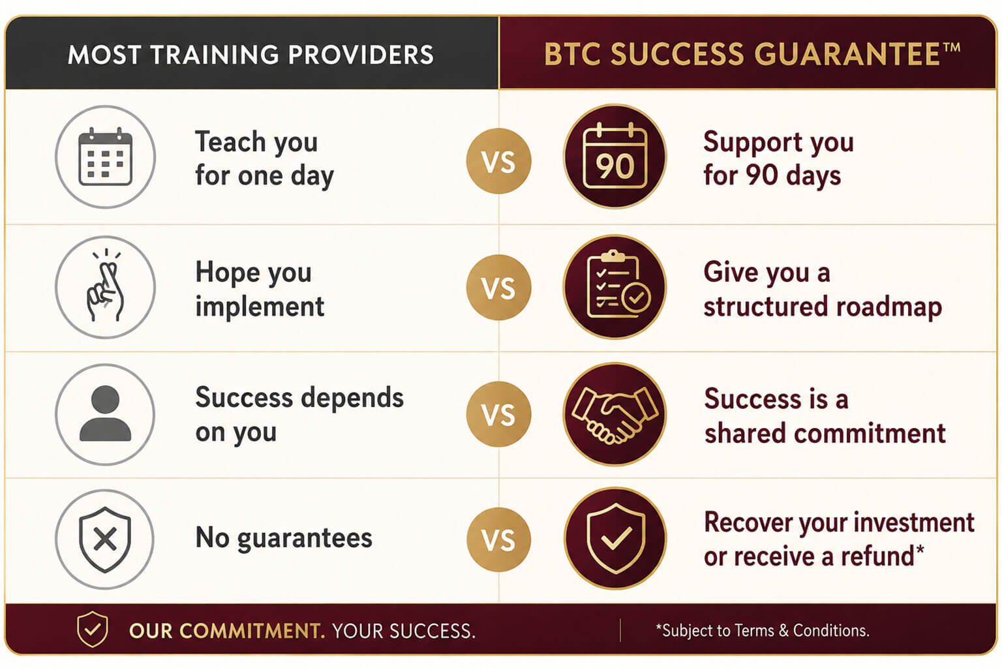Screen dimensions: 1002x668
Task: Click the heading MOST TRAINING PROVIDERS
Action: (250, 55)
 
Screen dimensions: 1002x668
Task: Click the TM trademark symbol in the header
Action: (950, 48)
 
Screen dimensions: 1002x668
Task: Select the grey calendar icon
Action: (106, 157)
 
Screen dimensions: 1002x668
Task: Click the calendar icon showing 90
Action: (615, 156)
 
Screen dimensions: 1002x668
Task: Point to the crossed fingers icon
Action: (104, 286)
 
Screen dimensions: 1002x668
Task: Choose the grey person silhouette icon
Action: (105, 414)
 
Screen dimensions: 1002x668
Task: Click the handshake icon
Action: (615, 415)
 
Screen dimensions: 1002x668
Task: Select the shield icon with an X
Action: (105, 539)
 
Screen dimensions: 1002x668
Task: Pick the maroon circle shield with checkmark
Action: (615, 538)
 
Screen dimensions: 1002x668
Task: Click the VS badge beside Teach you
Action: (499, 161)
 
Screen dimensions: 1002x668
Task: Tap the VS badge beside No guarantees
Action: (499, 539)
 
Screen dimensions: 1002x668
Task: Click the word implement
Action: (260, 308)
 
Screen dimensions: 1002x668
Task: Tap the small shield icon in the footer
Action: (92, 629)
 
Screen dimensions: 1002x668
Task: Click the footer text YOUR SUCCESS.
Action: (404, 631)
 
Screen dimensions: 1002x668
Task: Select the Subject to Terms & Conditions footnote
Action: (763, 630)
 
